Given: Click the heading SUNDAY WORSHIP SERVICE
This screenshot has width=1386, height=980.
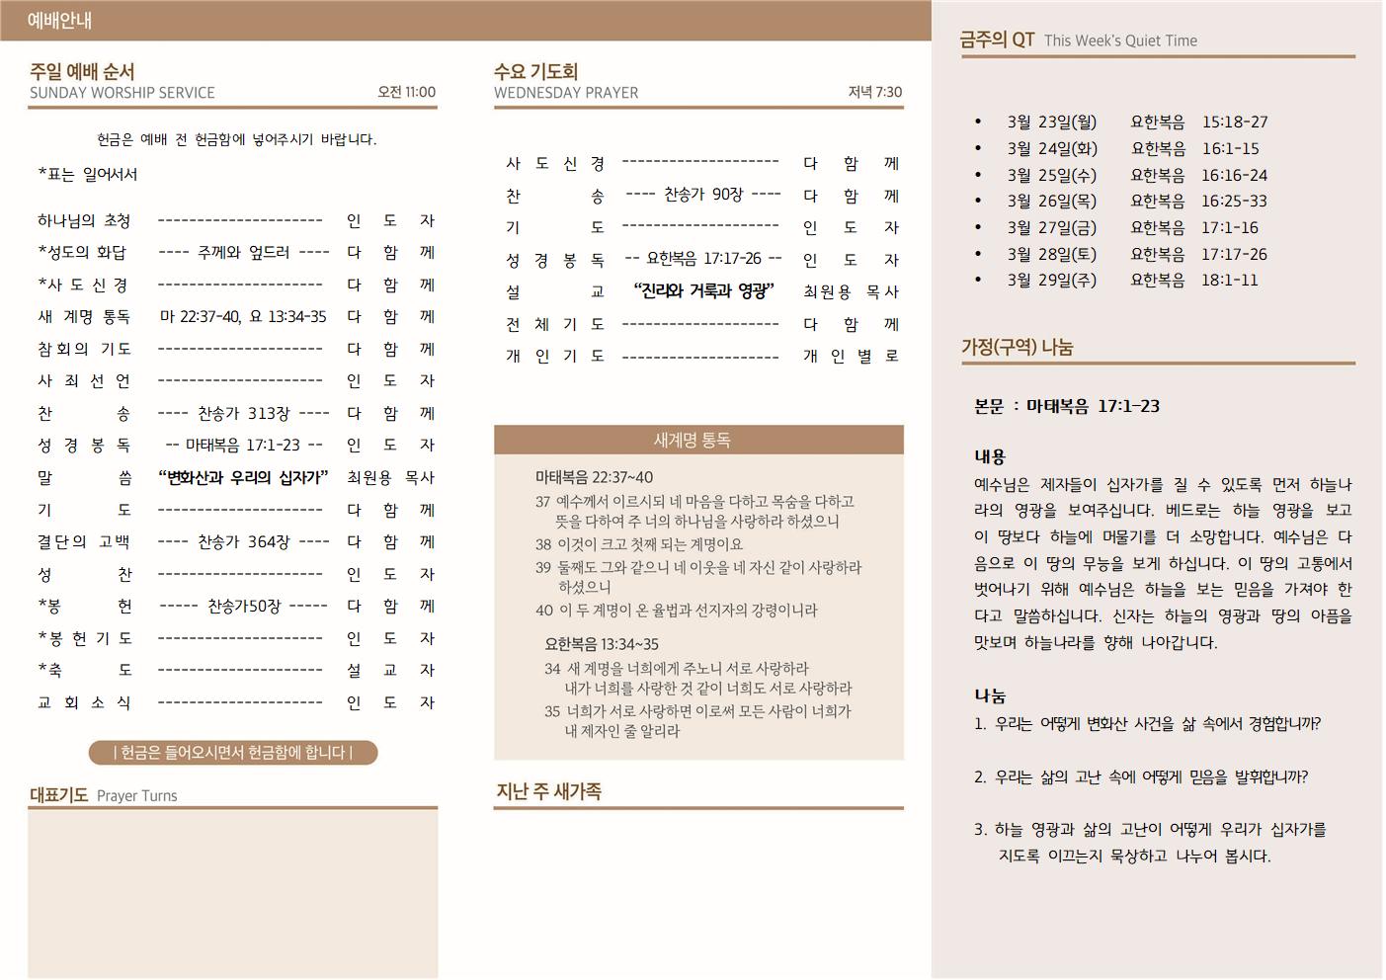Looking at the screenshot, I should click(x=122, y=93).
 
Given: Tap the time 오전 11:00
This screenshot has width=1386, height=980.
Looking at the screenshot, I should click(x=406, y=92).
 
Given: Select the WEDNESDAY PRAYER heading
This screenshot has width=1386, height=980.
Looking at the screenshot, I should click(x=566, y=93).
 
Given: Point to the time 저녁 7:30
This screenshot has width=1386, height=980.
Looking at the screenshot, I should click(x=874, y=92).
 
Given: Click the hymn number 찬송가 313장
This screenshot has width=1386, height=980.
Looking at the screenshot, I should click(x=244, y=413).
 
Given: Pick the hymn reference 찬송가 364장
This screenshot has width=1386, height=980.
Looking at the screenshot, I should click(x=244, y=541).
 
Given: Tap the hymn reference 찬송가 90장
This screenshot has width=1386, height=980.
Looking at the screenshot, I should click(x=703, y=195).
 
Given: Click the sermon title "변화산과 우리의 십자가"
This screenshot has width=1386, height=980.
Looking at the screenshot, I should click(x=243, y=477).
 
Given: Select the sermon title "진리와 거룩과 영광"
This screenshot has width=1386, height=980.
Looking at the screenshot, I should click(x=703, y=290).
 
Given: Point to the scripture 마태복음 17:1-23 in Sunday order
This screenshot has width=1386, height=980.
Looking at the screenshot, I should click(x=243, y=445).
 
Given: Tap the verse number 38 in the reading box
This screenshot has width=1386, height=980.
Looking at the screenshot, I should click(x=543, y=544).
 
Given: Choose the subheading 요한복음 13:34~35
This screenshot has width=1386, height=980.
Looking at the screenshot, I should click(x=602, y=644).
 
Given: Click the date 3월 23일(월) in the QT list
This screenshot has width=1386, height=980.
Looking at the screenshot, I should click(x=1052, y=122).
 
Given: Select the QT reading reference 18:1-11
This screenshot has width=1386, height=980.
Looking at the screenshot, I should click(x=1230, y=280).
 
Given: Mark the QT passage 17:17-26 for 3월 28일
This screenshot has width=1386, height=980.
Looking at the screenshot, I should click(x=1234, y=254).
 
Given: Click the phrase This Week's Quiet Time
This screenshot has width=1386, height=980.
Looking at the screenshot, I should click(x=1120, y=41).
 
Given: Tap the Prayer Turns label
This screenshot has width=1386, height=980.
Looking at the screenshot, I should click(x=137, y=795).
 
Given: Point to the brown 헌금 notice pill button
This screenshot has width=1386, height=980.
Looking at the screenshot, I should click(x=233, y=753).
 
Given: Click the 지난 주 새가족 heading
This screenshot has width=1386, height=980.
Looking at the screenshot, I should click(x=548, y=791).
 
